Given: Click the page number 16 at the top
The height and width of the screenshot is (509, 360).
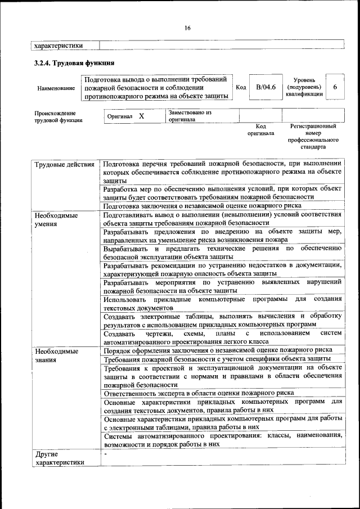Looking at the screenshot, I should pyautogui.click(x=187, y=28).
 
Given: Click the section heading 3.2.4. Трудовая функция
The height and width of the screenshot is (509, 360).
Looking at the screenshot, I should pyautogui.click(x=74, y=62).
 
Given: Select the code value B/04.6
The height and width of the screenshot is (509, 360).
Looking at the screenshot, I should pyautogui.click(x=265, y=87).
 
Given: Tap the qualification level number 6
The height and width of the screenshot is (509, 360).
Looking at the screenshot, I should pyautogui.click(x=335, y=87).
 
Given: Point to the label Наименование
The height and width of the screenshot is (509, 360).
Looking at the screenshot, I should pyautogui.click(x=56, y=88).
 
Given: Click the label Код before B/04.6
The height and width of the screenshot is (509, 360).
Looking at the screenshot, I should pyautogui.click(x=241, y=88).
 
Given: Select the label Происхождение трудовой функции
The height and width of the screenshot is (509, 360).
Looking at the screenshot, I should pyautogui.click(x=58, y=116).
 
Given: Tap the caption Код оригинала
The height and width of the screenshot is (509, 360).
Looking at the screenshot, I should pyautogui.click(x=260, y=130).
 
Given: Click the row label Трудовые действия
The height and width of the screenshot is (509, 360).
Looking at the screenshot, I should pyautogui.click(x=64, y=164).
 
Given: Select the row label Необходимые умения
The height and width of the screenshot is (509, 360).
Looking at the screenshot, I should pyautogui.click(x=56, y=219).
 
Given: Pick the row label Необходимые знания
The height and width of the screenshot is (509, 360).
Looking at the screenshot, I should pyautogui.click(x=56, y=355).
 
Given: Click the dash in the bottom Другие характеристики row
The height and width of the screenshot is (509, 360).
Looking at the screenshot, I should pyautogui.click(x=105, y=453).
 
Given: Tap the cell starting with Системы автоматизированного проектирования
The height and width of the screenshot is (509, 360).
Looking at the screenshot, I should pyautogui.click(x=222, y=439).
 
